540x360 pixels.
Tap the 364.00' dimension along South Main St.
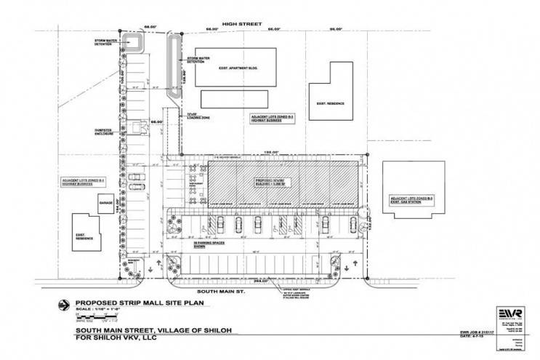click(260, 279)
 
